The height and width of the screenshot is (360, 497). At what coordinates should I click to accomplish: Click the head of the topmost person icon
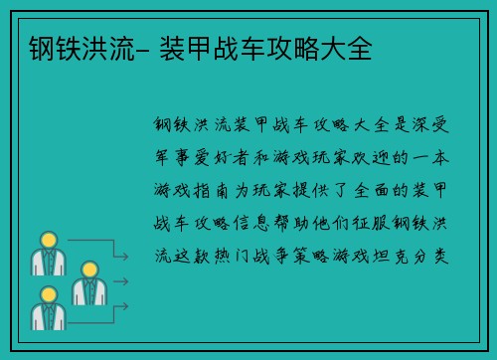pyautogui.click(x=47, y=241)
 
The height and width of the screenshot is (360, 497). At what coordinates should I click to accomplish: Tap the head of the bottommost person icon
pyautogui.click(x=47, y=294)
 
